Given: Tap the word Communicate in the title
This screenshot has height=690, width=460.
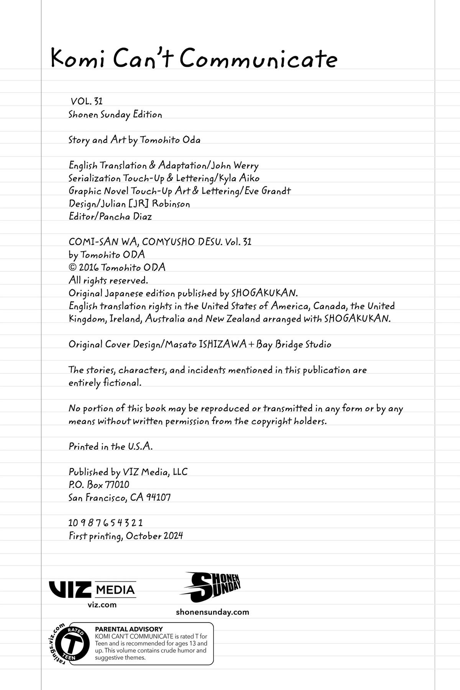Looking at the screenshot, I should tap(258, 59).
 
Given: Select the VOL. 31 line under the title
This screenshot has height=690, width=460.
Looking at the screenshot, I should tap(87, 102).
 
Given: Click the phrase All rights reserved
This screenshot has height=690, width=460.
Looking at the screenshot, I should tap(108, 280).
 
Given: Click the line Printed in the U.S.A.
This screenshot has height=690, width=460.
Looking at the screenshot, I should tap(110, 447).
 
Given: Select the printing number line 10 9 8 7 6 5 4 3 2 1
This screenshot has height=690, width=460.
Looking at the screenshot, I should tap(105, 523).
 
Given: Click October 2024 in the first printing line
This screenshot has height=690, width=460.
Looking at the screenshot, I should tap(154, 536).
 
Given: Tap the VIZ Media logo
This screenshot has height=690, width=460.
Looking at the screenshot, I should tap(92, 590).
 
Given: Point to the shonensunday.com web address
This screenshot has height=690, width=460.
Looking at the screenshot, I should tap(212, 612).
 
